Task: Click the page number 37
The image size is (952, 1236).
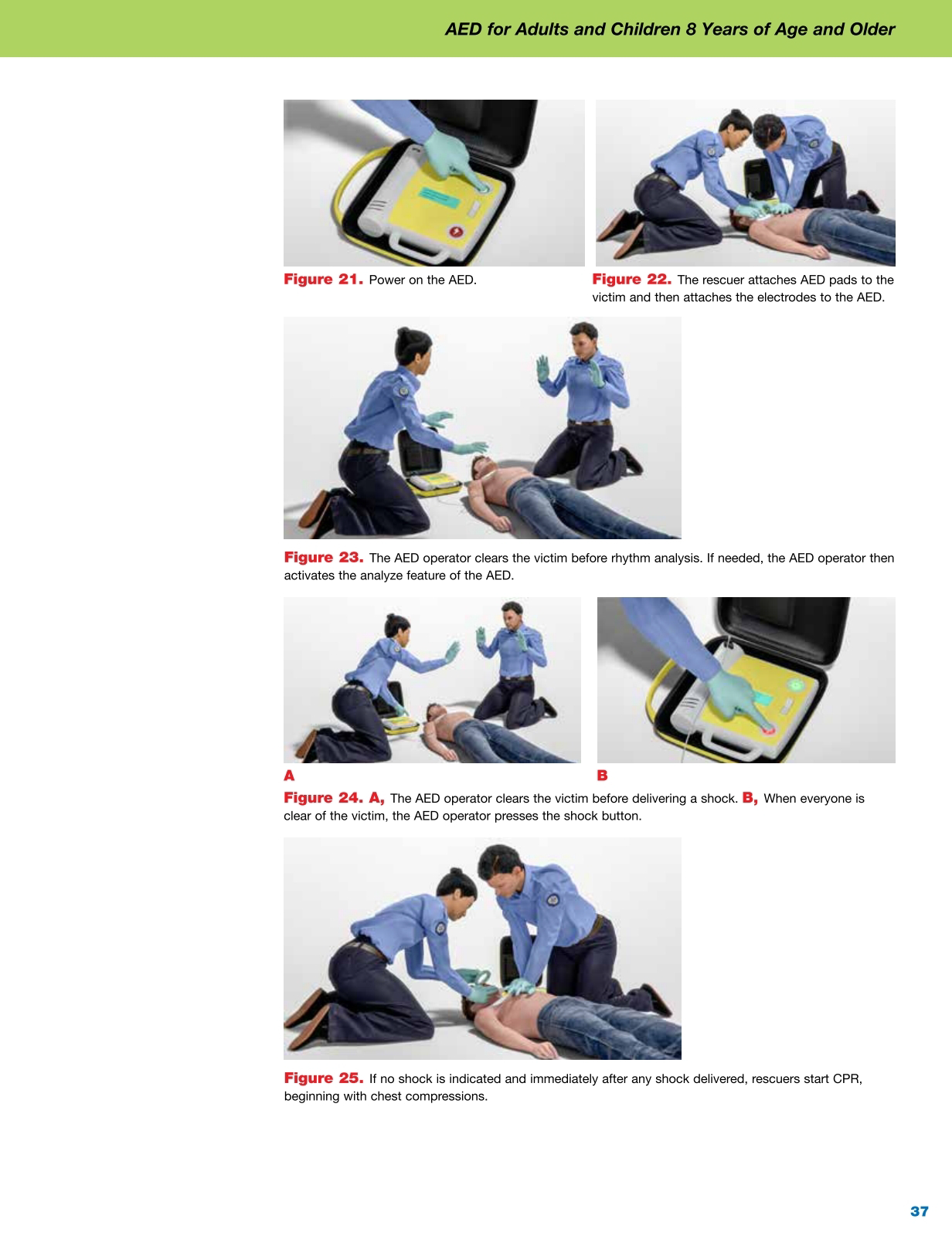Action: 919,1211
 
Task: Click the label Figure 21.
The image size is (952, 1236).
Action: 323,280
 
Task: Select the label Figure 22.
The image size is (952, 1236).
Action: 631,280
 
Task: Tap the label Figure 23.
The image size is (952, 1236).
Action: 323,558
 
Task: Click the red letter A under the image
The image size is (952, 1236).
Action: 289,776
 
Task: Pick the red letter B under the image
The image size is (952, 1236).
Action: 602,776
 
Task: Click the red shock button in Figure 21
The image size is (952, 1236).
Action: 457,232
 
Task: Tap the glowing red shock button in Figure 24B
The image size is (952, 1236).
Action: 768,729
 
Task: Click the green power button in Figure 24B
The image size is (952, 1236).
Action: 796,685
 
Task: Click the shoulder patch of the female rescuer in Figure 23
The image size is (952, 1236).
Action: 404,392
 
